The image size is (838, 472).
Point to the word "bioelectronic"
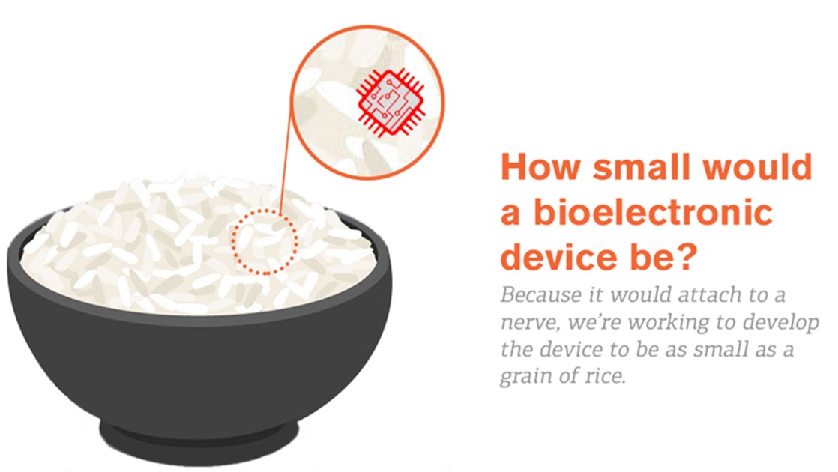[x=653, y=212]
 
